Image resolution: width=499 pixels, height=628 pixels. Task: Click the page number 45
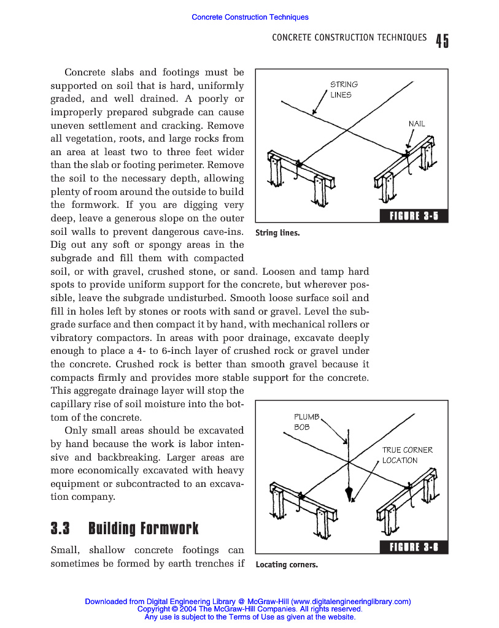coord(442,40)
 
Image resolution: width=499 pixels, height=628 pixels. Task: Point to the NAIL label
coord(417,124)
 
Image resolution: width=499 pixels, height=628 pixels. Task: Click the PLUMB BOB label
coord(306,422)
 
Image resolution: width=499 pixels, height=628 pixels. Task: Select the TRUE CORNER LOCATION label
coord(407,455)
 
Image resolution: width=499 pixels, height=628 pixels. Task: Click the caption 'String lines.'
coord(277,233)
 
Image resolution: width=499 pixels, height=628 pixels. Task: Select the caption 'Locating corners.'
coord(287,565)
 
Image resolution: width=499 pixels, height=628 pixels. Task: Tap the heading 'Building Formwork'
coord(144,528)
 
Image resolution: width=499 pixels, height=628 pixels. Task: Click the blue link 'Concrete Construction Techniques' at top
coord(250,17)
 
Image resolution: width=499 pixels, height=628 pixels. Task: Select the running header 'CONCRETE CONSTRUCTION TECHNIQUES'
coord(349,37)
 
